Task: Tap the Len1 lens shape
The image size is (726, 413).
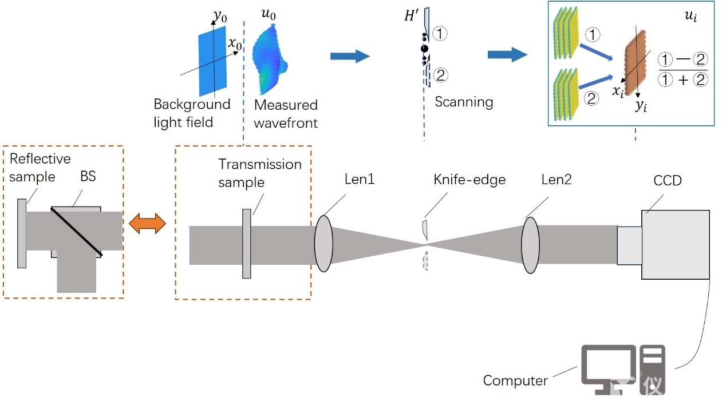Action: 323,243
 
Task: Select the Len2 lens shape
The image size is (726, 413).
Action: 530,245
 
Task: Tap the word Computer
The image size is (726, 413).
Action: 515,380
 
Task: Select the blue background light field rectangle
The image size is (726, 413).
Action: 212,63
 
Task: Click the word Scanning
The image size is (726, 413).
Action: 464,102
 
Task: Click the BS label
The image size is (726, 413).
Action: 88,176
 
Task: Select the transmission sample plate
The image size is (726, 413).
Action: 246,244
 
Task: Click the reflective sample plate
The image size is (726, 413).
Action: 22,233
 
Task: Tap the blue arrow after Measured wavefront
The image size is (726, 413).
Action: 350,55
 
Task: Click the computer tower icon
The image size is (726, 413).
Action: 653,369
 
